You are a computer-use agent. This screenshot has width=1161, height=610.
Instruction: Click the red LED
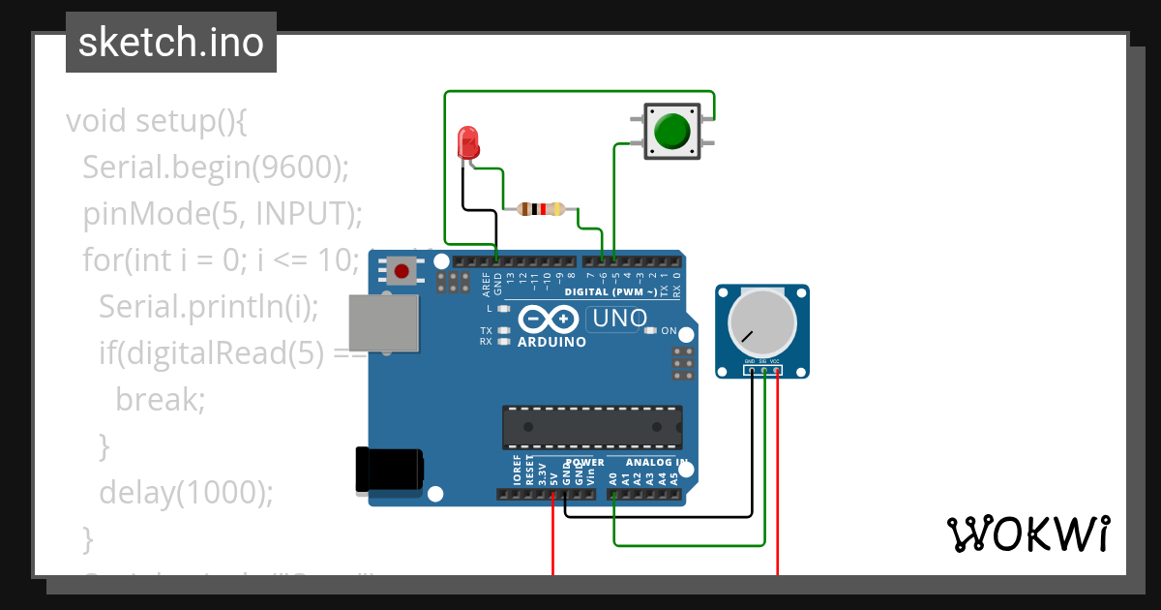(x=468, y=143)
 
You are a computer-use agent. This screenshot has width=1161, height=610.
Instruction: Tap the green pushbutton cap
(x=671, y=132)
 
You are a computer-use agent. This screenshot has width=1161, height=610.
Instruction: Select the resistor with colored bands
(x=541, y=208)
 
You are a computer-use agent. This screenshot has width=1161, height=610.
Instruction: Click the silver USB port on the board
(x=384, y=322)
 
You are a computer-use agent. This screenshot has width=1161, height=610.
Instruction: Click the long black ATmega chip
(x=591, y=427)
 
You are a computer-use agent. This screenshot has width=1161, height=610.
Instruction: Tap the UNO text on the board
(x=619, y=318)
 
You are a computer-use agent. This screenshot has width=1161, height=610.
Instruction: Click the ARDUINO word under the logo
(x=551, y=342)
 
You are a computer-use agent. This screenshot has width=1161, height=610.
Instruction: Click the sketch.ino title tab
(x=171, y=43)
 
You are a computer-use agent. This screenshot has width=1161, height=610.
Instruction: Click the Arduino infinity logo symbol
(x=550, y=319)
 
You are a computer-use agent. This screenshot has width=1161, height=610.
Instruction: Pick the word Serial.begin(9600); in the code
(x=215, y=167)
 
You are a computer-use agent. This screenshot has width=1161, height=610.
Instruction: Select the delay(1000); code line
(x=187, y=492)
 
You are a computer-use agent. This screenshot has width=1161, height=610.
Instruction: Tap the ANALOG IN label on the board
(x=655, y=463)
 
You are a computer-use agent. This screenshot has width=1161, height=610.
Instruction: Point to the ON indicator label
(x=669, y=331)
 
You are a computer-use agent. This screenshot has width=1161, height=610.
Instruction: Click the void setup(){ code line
(x=158, y=121)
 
